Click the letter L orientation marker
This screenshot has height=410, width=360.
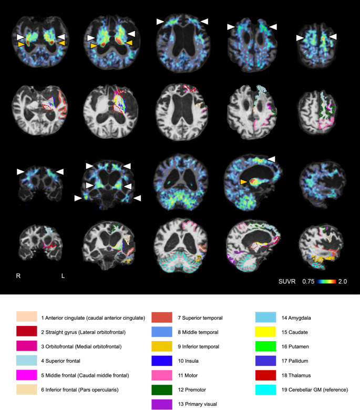(x=63, y=275)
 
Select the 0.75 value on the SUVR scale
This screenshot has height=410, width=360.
(x=308, y=282)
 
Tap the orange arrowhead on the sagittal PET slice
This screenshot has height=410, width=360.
(x=243, y=181)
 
